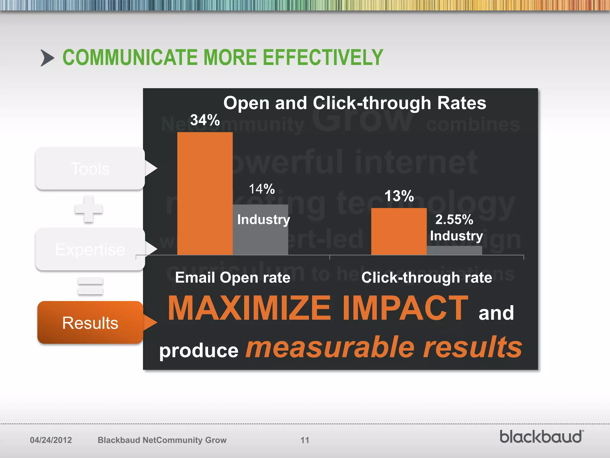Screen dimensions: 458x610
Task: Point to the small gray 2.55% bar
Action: coord(454,250)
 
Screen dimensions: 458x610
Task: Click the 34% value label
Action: coord(205,120)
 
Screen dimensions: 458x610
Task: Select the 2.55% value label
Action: coord(454,220)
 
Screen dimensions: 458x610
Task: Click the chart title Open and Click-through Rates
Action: coord(354,103)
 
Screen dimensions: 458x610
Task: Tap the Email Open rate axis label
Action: coord(233,278)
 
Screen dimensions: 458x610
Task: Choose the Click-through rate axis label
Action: coord(427,278)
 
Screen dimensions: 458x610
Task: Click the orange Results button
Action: coord(90,323)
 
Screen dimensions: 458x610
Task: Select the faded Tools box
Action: coord(90,168)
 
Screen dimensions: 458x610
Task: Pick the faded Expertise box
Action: coord(90,249)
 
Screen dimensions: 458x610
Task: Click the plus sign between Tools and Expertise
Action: coord(88,209)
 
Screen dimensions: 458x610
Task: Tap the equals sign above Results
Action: coord(90,286)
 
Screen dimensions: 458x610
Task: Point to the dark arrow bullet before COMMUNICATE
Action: coord(47,58)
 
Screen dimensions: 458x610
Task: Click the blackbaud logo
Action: coord(541,437)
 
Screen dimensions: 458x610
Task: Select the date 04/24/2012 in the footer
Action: coord(51,440)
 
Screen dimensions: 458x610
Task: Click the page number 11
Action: coord(305,440)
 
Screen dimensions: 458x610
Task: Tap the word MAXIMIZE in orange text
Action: coord(249,308)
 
